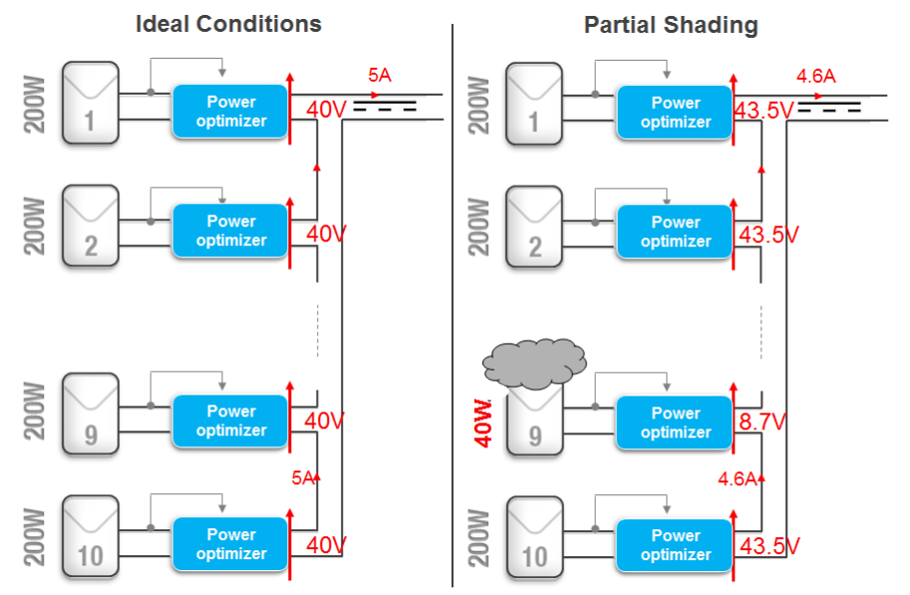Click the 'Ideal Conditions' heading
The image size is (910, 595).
(228, 25)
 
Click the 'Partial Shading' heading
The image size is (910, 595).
(671, 26)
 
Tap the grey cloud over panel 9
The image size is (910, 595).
(533, 363)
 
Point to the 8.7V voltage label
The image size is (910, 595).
(762, 422)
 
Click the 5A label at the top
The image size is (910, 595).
(380, 75)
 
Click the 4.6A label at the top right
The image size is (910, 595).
(815, 75)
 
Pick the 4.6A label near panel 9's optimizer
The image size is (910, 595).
(738, 478)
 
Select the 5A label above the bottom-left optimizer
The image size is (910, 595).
(303, 478)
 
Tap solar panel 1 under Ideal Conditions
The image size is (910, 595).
(91, 102)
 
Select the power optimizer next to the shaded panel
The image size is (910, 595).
(676, 422)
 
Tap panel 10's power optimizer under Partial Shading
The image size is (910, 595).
(676, 544)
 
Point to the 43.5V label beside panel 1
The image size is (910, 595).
(762, 111)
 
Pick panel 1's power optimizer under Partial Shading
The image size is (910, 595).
(676, 112)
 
